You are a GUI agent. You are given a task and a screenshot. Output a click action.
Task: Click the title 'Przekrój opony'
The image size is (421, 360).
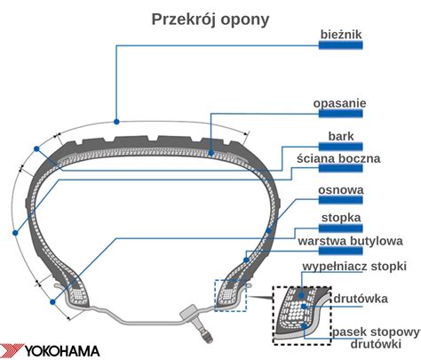[210, 19]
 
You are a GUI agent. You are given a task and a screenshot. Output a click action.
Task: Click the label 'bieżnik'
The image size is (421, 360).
[342, 34]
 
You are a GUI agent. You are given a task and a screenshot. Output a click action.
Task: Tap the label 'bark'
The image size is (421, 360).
[341, 135]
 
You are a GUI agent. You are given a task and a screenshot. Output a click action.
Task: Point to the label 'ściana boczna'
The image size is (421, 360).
[340, 157]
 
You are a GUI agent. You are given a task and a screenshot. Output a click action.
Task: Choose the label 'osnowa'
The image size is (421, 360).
[341, 189]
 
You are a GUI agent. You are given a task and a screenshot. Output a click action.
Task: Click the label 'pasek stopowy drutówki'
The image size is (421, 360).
[376, 336]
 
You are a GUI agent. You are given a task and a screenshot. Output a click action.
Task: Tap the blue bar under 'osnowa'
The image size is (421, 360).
[341, 200]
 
